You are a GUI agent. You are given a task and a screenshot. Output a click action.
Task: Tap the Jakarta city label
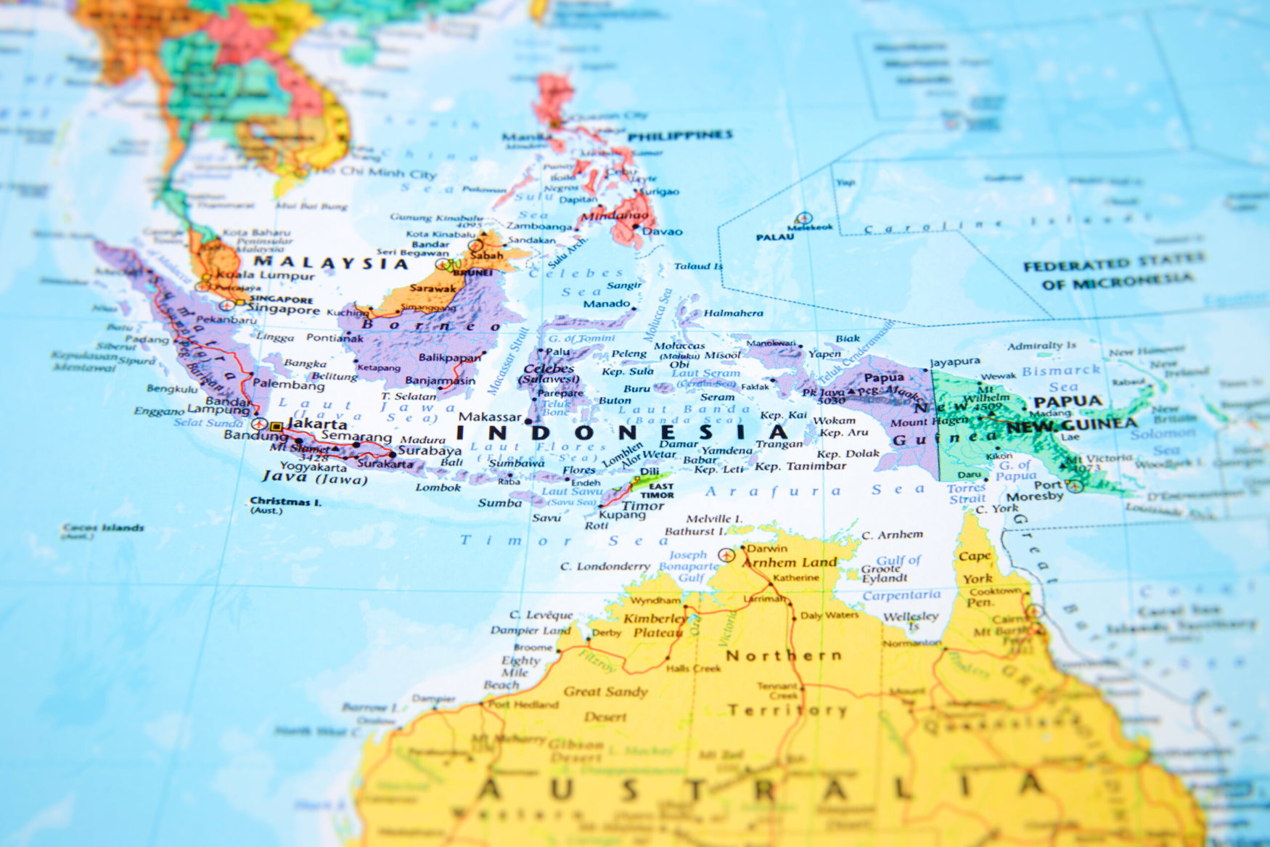coord(317,423)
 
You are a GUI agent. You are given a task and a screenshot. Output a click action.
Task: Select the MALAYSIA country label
coord(331,263)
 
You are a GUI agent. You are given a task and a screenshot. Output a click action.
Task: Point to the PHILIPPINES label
coord(680,136)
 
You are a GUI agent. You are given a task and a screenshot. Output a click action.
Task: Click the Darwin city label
coord(767,548)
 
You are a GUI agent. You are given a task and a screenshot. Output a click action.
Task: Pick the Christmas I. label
coord(285,502)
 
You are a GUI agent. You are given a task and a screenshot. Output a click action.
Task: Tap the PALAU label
coord(775,237)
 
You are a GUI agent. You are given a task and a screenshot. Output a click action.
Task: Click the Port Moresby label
coord(1035,491)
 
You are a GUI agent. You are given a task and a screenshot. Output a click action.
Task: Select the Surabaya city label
coord(430,450)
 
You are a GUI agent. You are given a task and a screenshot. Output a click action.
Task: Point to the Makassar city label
coord(491,417)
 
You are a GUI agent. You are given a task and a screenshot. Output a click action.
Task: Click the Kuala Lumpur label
coord(266,275)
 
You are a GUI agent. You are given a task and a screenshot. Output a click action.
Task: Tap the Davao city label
coord(663,232)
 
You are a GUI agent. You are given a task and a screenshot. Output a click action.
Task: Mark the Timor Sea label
coord(564,541)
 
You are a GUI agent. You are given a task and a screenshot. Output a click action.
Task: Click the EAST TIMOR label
coord(657,491)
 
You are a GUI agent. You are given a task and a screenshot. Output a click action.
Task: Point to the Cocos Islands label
coord(103,528)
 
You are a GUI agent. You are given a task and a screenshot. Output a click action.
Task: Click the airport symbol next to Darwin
coord(726,555)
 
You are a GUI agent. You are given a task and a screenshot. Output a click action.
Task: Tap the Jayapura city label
coord(955,361)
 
